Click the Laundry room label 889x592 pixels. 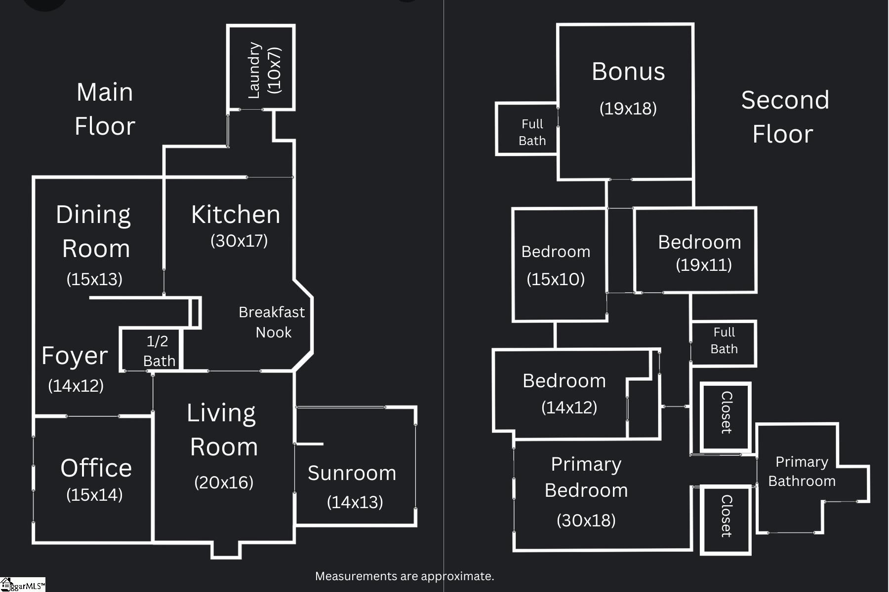point(254,70)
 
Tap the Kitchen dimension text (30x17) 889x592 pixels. point(239,241)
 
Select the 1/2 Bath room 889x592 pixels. point(158,350)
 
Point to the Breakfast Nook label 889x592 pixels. point(272,322)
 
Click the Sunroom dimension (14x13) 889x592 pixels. point(355,502)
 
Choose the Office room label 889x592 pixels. point(96,468)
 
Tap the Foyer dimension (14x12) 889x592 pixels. point(76,386)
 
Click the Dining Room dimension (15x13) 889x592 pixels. point(94,279)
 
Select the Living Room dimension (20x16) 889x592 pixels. point(224,482)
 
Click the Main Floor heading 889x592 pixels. point(105,109)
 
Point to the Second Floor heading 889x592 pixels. point(784,117)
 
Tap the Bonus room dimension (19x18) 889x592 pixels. point(628,109)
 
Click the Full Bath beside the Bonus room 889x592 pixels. point(531,132)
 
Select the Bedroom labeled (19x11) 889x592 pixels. point(699,242)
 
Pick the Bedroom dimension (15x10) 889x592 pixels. point(556,279)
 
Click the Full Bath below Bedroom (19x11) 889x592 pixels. point(724,340)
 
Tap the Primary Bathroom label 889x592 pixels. point(801,471)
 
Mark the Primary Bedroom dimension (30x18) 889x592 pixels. point(586,520)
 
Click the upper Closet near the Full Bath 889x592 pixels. point(726,412)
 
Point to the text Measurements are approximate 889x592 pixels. point(404,576)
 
